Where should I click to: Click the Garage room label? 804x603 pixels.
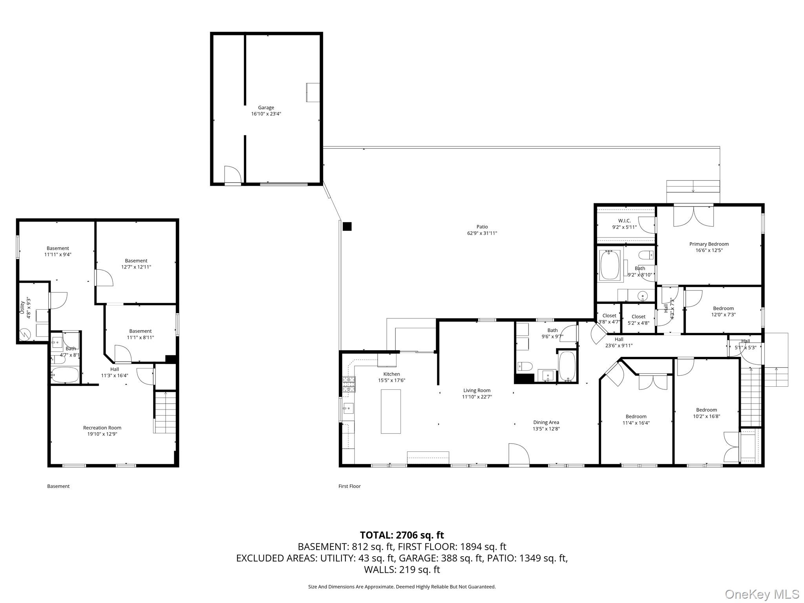(266, 108)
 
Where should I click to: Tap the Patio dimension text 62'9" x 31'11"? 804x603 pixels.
(482, 233)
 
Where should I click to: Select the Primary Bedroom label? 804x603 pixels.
(709, 244)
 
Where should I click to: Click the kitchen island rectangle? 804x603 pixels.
(391, 411)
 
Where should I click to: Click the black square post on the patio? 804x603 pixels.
(347, 227)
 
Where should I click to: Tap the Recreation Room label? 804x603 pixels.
(102, 428)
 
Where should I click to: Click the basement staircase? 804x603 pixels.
(165, 412)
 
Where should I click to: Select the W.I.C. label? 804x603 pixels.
(624, 221)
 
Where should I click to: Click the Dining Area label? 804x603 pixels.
(546, 422)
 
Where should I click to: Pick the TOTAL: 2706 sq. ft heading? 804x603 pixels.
(402, 535)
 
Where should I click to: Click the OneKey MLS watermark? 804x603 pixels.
(762, 594)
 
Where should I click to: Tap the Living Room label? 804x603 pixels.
(477, 390)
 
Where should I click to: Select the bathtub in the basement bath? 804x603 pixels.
(65, 375)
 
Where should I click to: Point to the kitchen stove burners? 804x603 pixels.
(349, 384)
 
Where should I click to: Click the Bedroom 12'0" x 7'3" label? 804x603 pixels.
(723, 309)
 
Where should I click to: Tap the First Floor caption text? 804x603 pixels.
(349, 486)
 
